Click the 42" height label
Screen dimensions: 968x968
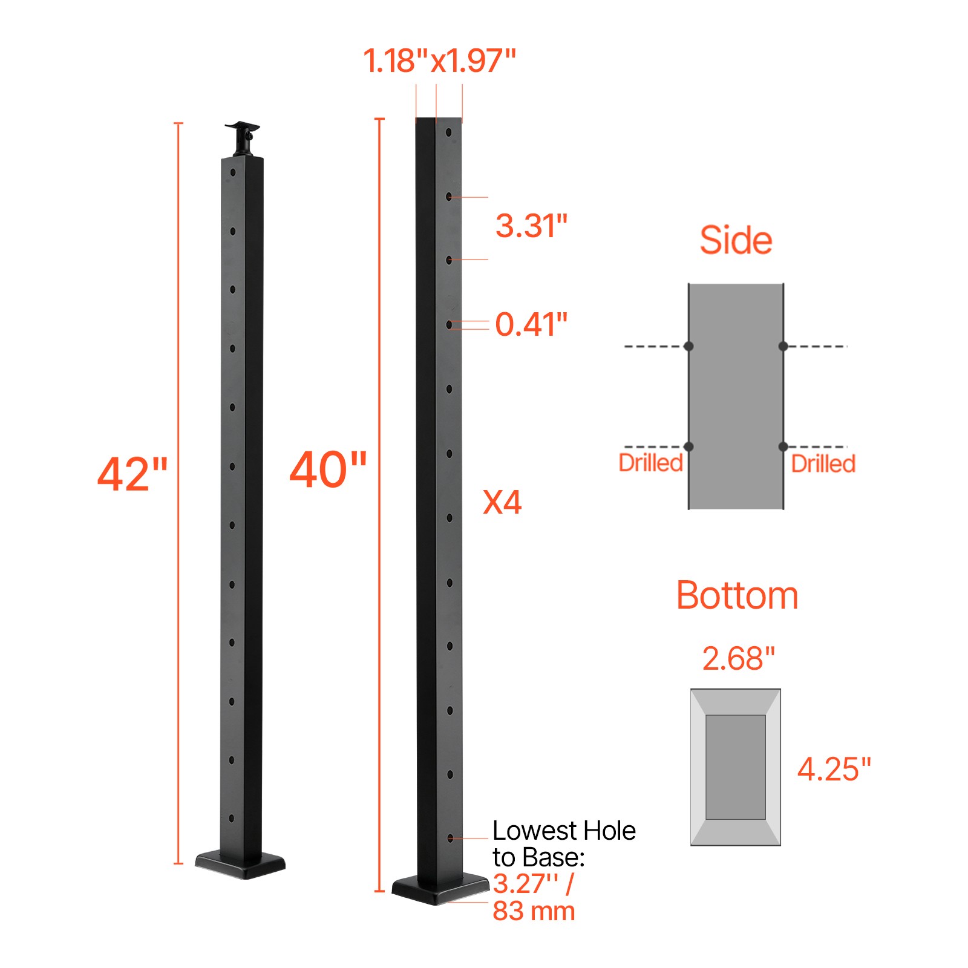(132, 474)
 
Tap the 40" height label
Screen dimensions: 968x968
(328, 470)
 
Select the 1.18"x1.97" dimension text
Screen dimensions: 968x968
(439, 61)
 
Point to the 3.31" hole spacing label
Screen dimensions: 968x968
(531, 226)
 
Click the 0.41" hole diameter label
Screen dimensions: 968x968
(531, 324)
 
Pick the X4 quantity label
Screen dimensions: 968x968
(502, 502)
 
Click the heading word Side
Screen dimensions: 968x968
(736, 240)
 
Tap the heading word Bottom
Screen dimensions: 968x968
(737, 595)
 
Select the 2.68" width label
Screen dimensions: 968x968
(738, 658)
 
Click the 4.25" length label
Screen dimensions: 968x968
(834, 770)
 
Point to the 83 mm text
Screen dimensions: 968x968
(534, 911)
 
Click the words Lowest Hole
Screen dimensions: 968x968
(564, 831)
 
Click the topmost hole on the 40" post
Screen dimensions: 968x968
(449, 132)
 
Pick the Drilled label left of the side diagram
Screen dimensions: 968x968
(650, 463)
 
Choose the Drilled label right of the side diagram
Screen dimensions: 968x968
(823, 464)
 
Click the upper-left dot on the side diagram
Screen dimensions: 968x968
(688, 346)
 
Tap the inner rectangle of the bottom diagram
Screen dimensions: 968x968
(736, 767)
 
